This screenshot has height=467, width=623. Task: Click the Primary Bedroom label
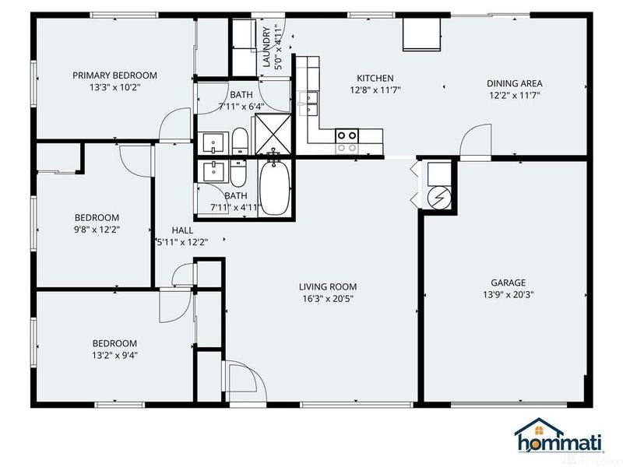pyautogui.click(x=114, y=75)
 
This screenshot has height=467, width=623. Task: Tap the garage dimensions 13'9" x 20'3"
pyautogui.click(x=508, y=294)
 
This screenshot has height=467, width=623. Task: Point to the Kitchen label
pyautogui.click(x=375, y=79)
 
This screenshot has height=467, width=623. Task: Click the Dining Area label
pyautogui.click(x=514, y=83)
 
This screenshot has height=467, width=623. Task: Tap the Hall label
pyautogui.click(x=182, y=230)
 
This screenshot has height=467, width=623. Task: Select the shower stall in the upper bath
pyautogui.click(x=271, y=134)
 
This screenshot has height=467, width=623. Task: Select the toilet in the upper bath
pyautogui.click(x=240, y=142)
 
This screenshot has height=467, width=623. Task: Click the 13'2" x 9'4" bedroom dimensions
pyautogui.click(x=114, y=355)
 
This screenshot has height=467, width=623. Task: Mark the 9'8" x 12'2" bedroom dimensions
pyautogui.click(x=97, y=230)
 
